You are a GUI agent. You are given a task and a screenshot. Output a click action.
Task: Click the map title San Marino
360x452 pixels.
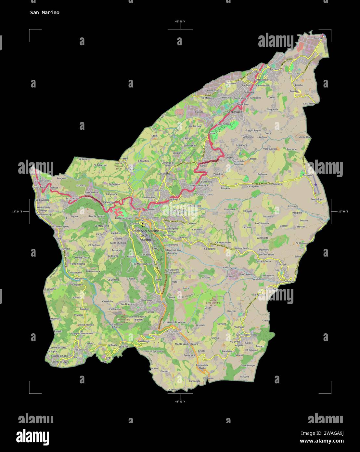[45, 13]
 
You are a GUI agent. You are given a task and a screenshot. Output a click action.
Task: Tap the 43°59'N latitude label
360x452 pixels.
[180, 21]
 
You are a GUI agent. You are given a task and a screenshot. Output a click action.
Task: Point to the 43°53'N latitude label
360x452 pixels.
[180, 401]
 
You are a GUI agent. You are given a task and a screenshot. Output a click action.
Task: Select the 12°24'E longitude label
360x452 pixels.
[17, 212]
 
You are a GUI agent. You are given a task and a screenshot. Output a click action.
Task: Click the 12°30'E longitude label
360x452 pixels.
[343, 212]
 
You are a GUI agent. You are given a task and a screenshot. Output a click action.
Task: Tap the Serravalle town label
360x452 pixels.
[234, 112]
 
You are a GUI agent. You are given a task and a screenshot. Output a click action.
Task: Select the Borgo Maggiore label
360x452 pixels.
[147, 218]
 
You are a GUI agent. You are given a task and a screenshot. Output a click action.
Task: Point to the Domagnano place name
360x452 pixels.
[205, 194]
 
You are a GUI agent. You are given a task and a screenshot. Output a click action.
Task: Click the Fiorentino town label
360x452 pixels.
[174, 331]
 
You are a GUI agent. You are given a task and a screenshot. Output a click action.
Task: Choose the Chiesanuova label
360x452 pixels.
[79, 349]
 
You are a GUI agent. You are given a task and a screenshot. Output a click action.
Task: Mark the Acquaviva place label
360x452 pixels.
[72, 198]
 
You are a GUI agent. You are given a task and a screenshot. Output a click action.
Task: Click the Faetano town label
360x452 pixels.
[280, 270]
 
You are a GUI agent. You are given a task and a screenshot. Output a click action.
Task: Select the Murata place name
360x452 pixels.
[160, 301]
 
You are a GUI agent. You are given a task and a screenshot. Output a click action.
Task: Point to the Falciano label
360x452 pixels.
[293, 73]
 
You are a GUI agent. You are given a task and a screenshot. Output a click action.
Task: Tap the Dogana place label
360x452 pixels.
[256, 71]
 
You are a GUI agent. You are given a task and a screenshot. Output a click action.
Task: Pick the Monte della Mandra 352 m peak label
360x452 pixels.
[213, 302]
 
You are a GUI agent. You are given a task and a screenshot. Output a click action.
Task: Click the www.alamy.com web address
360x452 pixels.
[321, 441]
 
